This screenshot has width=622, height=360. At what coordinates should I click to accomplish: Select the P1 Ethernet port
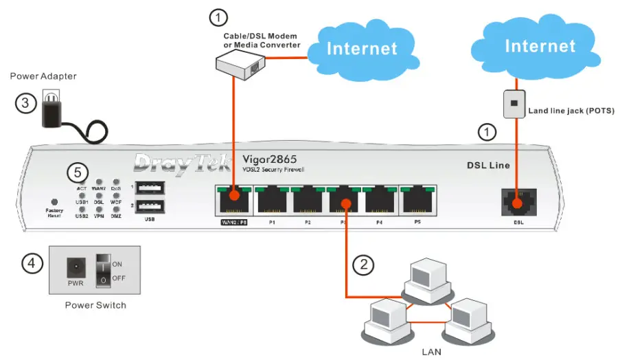tap(272, 201)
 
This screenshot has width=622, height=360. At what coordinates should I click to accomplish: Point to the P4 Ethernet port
tap(380, 201)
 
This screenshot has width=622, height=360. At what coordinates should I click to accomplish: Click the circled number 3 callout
tap(26, 104)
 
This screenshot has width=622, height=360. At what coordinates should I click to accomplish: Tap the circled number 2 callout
tap(363, 263)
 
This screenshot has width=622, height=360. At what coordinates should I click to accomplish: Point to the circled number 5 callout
tap(80, 170)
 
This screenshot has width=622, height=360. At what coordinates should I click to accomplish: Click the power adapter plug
tap(52, 110)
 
